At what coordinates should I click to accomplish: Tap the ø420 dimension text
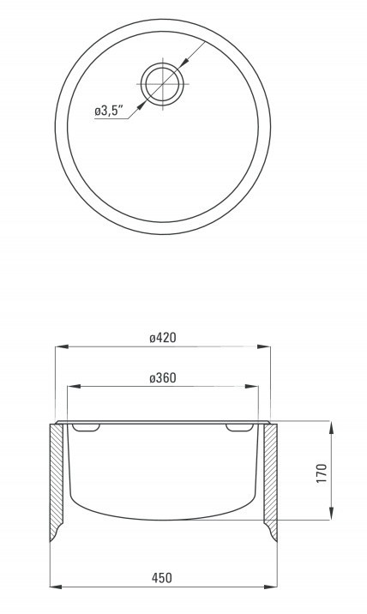tap(163, 337)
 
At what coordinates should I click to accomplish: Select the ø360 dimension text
tap(163, 378)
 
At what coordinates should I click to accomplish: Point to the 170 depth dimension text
tap(322, 473)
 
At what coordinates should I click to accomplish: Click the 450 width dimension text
tap(162, 578)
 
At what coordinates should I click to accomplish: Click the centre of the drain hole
tap(162, 84)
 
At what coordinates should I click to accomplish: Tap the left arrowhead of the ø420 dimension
tap(62, 346)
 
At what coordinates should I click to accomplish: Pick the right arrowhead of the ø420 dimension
tap(263, 346)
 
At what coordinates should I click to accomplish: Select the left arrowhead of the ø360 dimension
tap(74, 387)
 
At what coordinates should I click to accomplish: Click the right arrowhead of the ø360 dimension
tap(251, 387)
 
